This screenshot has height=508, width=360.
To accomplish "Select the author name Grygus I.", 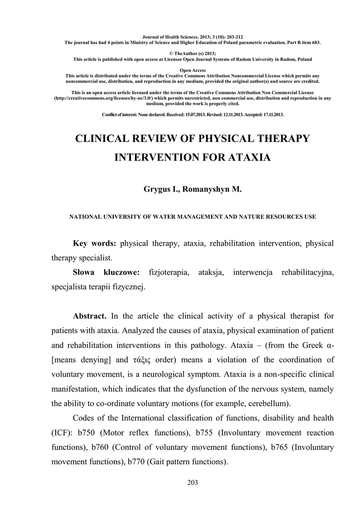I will coord(160,190).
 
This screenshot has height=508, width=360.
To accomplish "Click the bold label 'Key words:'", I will coord(94,244).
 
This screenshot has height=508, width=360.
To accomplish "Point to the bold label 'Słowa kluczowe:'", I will coord(106,273).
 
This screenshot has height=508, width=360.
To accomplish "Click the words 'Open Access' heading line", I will coord(193,70).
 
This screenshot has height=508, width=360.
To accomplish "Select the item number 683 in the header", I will coord(315,43).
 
